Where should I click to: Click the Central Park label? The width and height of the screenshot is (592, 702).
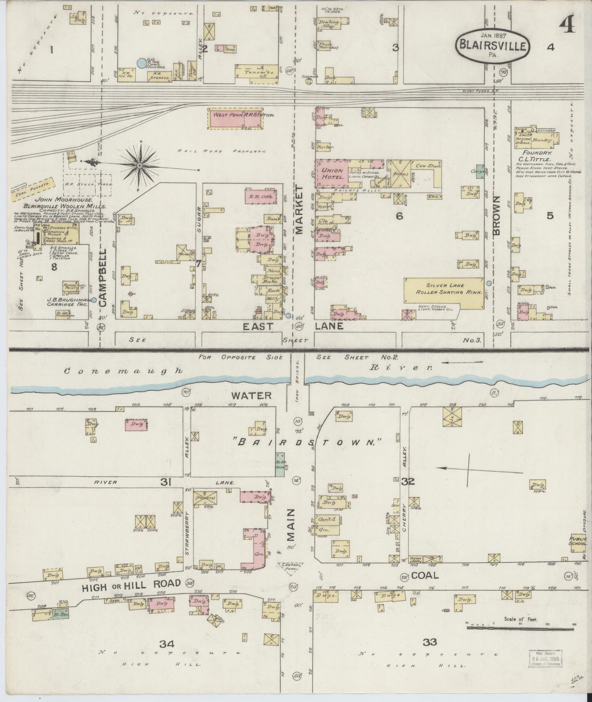coord(291,566)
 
